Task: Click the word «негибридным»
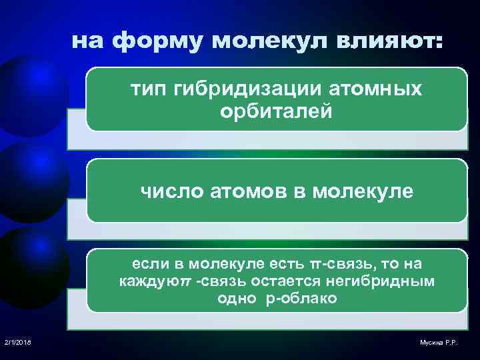pos(393,281)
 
